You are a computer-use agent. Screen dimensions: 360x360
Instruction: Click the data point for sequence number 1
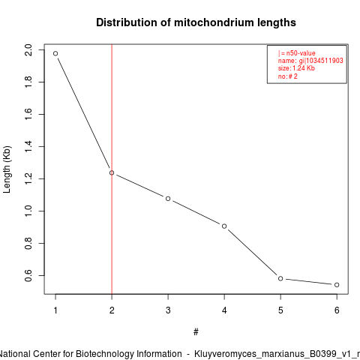(x=55, y=53)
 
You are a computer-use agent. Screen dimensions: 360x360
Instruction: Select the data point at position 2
(x=112, y=172)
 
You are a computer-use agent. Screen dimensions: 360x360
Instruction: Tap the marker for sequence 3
(x=168, y=199)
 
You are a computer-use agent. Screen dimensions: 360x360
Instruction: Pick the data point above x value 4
(x=224, y=226)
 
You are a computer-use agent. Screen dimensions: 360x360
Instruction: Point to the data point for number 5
(x=280, y=278)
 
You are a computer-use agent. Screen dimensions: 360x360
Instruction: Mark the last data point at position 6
(x=337, y=285)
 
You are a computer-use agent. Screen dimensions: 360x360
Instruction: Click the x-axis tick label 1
(x=55, y=310)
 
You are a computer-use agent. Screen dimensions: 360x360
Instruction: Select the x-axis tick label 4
(x=224, y=310)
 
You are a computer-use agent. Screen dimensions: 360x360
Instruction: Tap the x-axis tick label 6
(x=337, y=310)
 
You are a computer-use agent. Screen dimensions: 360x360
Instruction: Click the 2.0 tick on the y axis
(x=28, y=49)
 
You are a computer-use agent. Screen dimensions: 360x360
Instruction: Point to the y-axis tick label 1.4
(x=28, y=146)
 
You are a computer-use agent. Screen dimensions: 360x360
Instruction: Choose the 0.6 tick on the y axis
(x=28, y=275)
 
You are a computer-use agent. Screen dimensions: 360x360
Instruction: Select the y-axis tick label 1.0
(x=28, y=211)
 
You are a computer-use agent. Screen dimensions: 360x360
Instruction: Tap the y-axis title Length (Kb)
(x=7, y=169)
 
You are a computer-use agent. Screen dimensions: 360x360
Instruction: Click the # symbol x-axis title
(x=196, y=332)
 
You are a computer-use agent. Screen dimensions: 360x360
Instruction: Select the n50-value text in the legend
(x=301, y=53)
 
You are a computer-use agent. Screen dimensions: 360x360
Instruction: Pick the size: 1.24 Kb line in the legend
(x=296, y=68)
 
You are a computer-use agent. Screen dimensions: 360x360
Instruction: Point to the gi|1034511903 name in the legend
(x=321, y=61)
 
